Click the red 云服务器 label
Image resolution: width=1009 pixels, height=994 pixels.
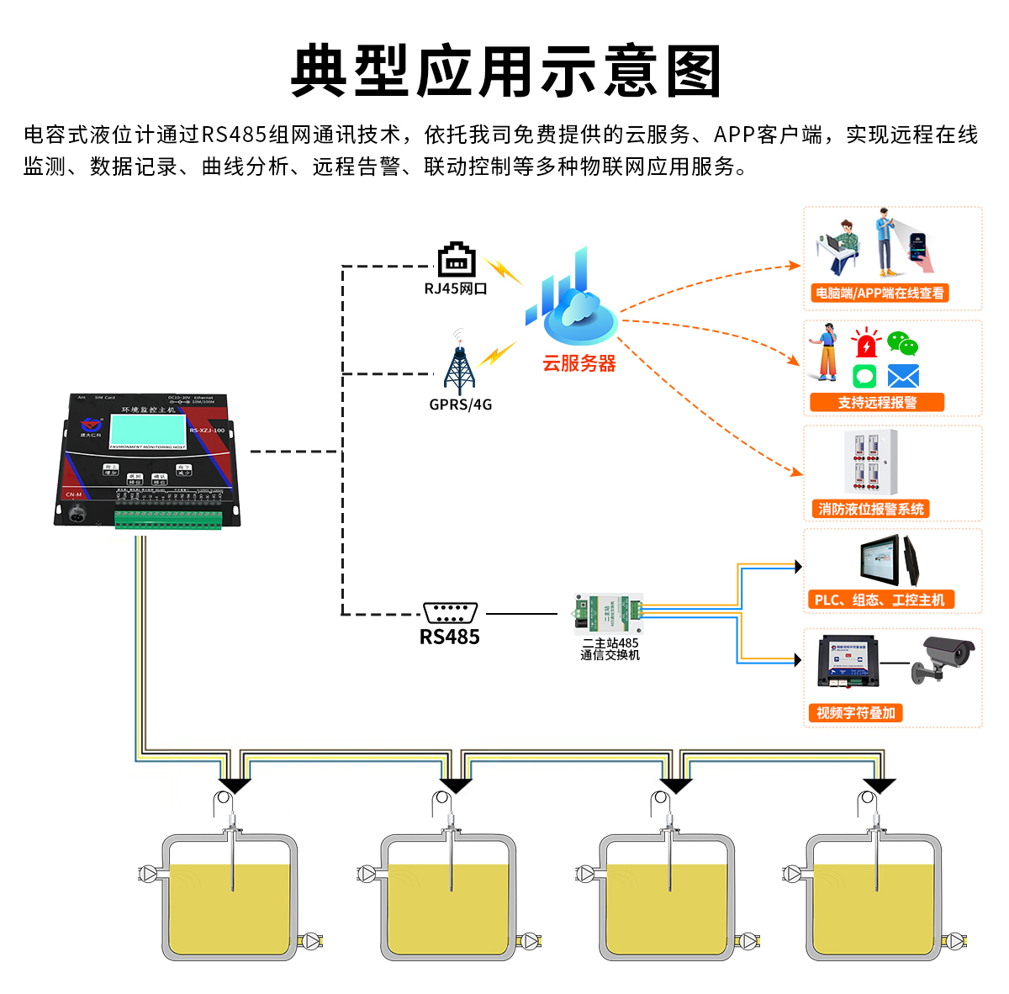tap(579, 363)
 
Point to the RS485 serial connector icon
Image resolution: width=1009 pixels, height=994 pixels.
tap(451, 612)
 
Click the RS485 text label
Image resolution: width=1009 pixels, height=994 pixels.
tap(450, 637)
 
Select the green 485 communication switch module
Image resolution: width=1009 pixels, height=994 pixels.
tap(609, 613)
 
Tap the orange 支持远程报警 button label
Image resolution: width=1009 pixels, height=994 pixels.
tap(877, 403)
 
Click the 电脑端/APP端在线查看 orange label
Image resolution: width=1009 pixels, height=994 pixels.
tap(880, 293)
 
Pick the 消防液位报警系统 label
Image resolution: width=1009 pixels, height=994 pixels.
tap(871, 509)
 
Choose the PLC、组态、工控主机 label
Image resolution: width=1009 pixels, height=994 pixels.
tap(880, 600)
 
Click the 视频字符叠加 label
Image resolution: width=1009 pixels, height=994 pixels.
tap(854, 713)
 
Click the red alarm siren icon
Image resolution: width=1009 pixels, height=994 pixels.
tap(865, 344)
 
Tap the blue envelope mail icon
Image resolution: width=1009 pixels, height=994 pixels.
tap(903, 376)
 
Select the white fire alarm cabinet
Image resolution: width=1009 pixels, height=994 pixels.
tap(871, 462)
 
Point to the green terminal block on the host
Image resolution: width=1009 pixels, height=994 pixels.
tap(168, 520)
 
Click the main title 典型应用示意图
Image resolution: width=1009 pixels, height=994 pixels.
tap(505, 71)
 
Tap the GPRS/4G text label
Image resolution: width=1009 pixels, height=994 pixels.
tap(461, 404)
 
